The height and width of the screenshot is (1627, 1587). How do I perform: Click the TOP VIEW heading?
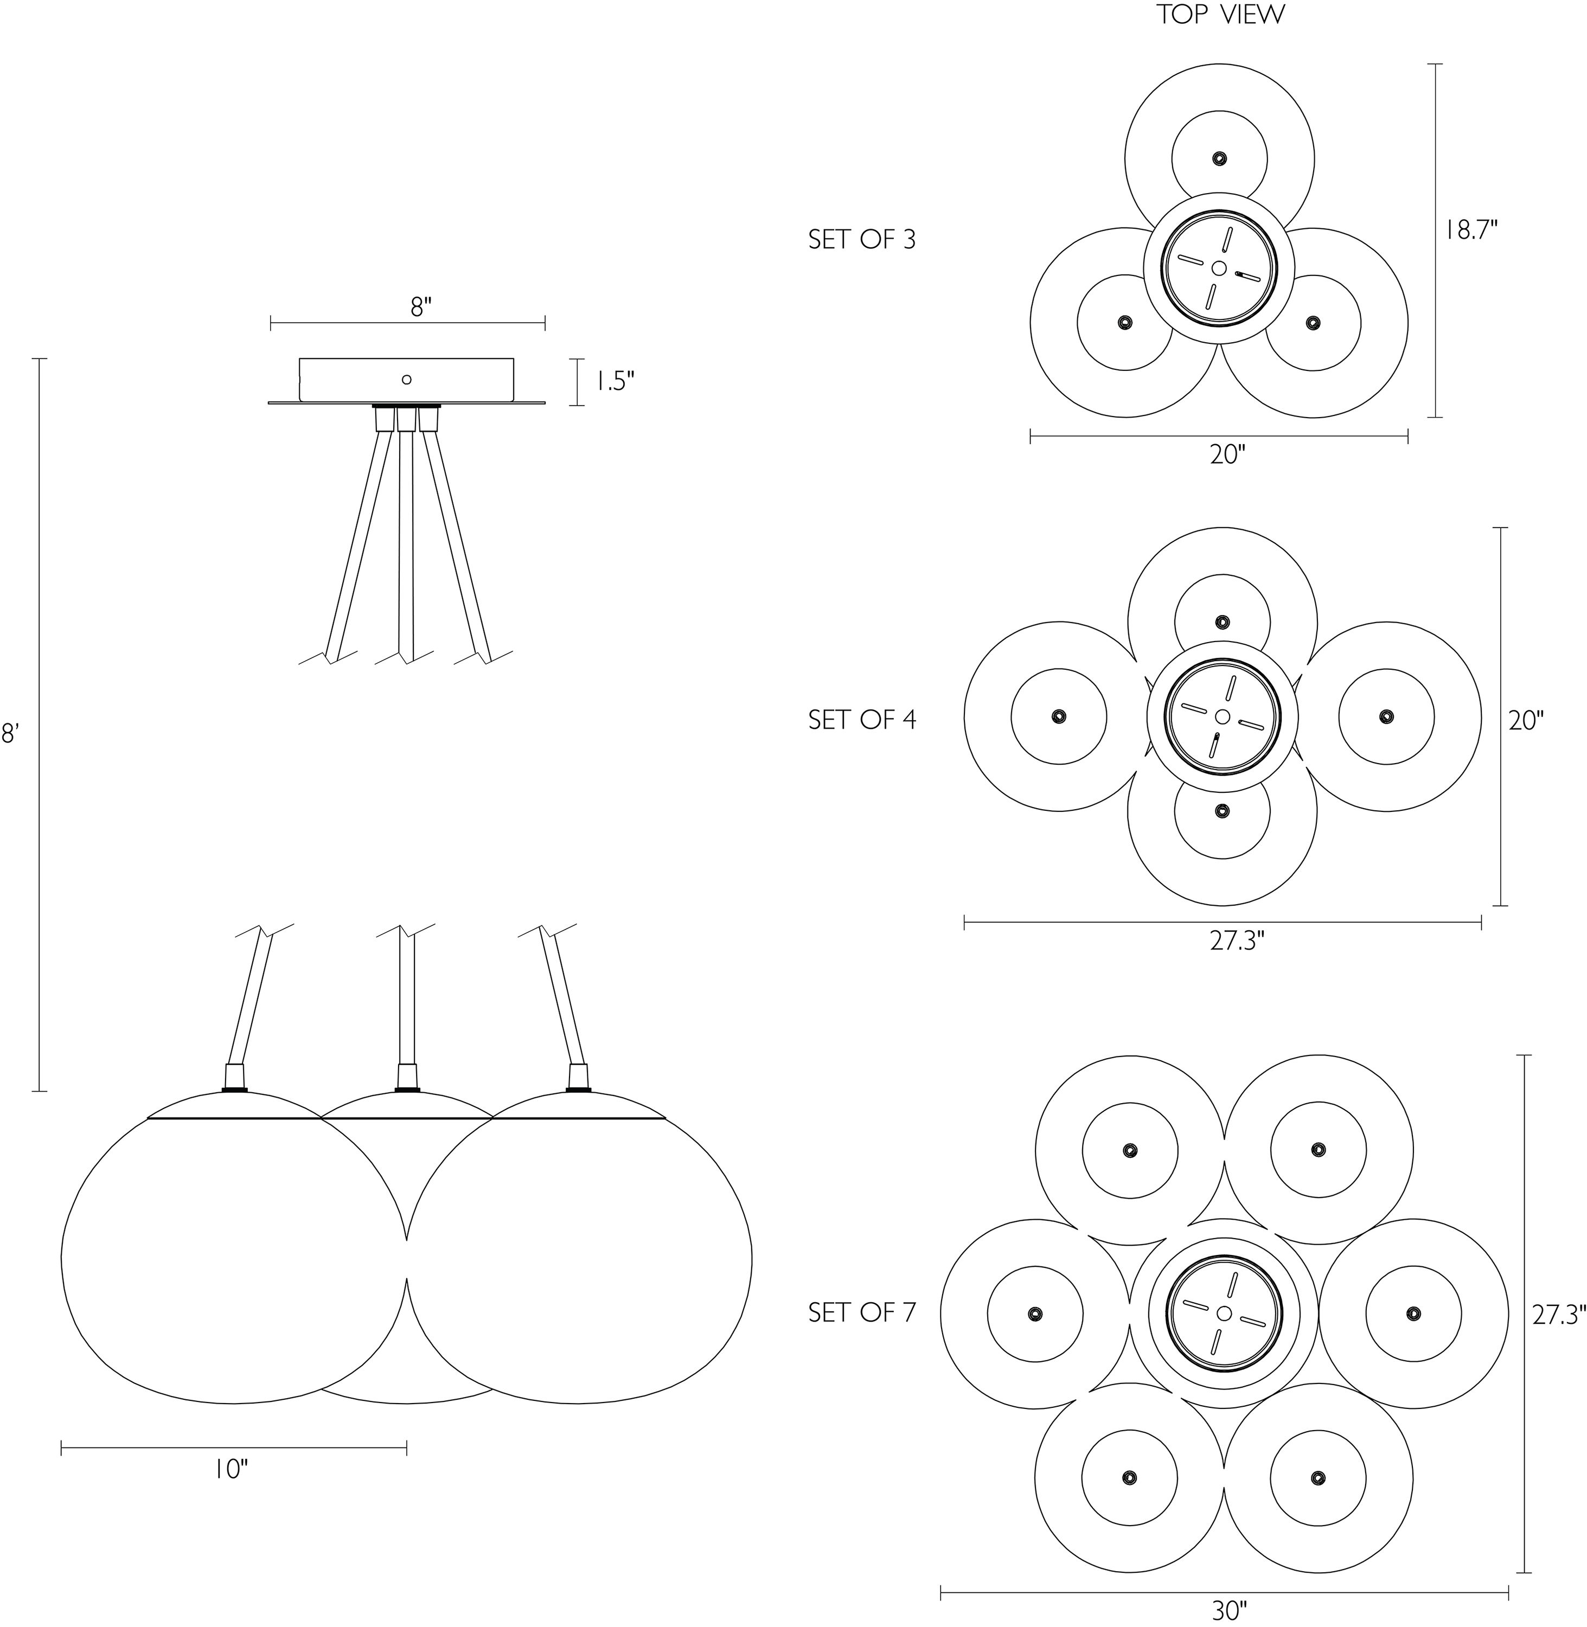coord(1220,15)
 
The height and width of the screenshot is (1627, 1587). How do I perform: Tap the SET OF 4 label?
coord(862,719)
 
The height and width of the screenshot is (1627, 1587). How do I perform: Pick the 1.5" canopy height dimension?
coord(615,382)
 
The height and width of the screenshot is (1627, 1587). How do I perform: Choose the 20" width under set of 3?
coord(1227,454)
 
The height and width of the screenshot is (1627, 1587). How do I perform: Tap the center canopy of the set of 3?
coord(1219,267)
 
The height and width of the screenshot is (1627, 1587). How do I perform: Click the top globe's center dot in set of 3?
coord(1219,158)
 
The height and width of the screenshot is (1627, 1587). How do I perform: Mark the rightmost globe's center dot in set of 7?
coord(1413,1313)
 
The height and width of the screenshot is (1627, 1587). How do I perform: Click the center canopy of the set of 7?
coord(1224,1314)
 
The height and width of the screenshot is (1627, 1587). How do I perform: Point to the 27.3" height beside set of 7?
coord(1559,1315)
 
